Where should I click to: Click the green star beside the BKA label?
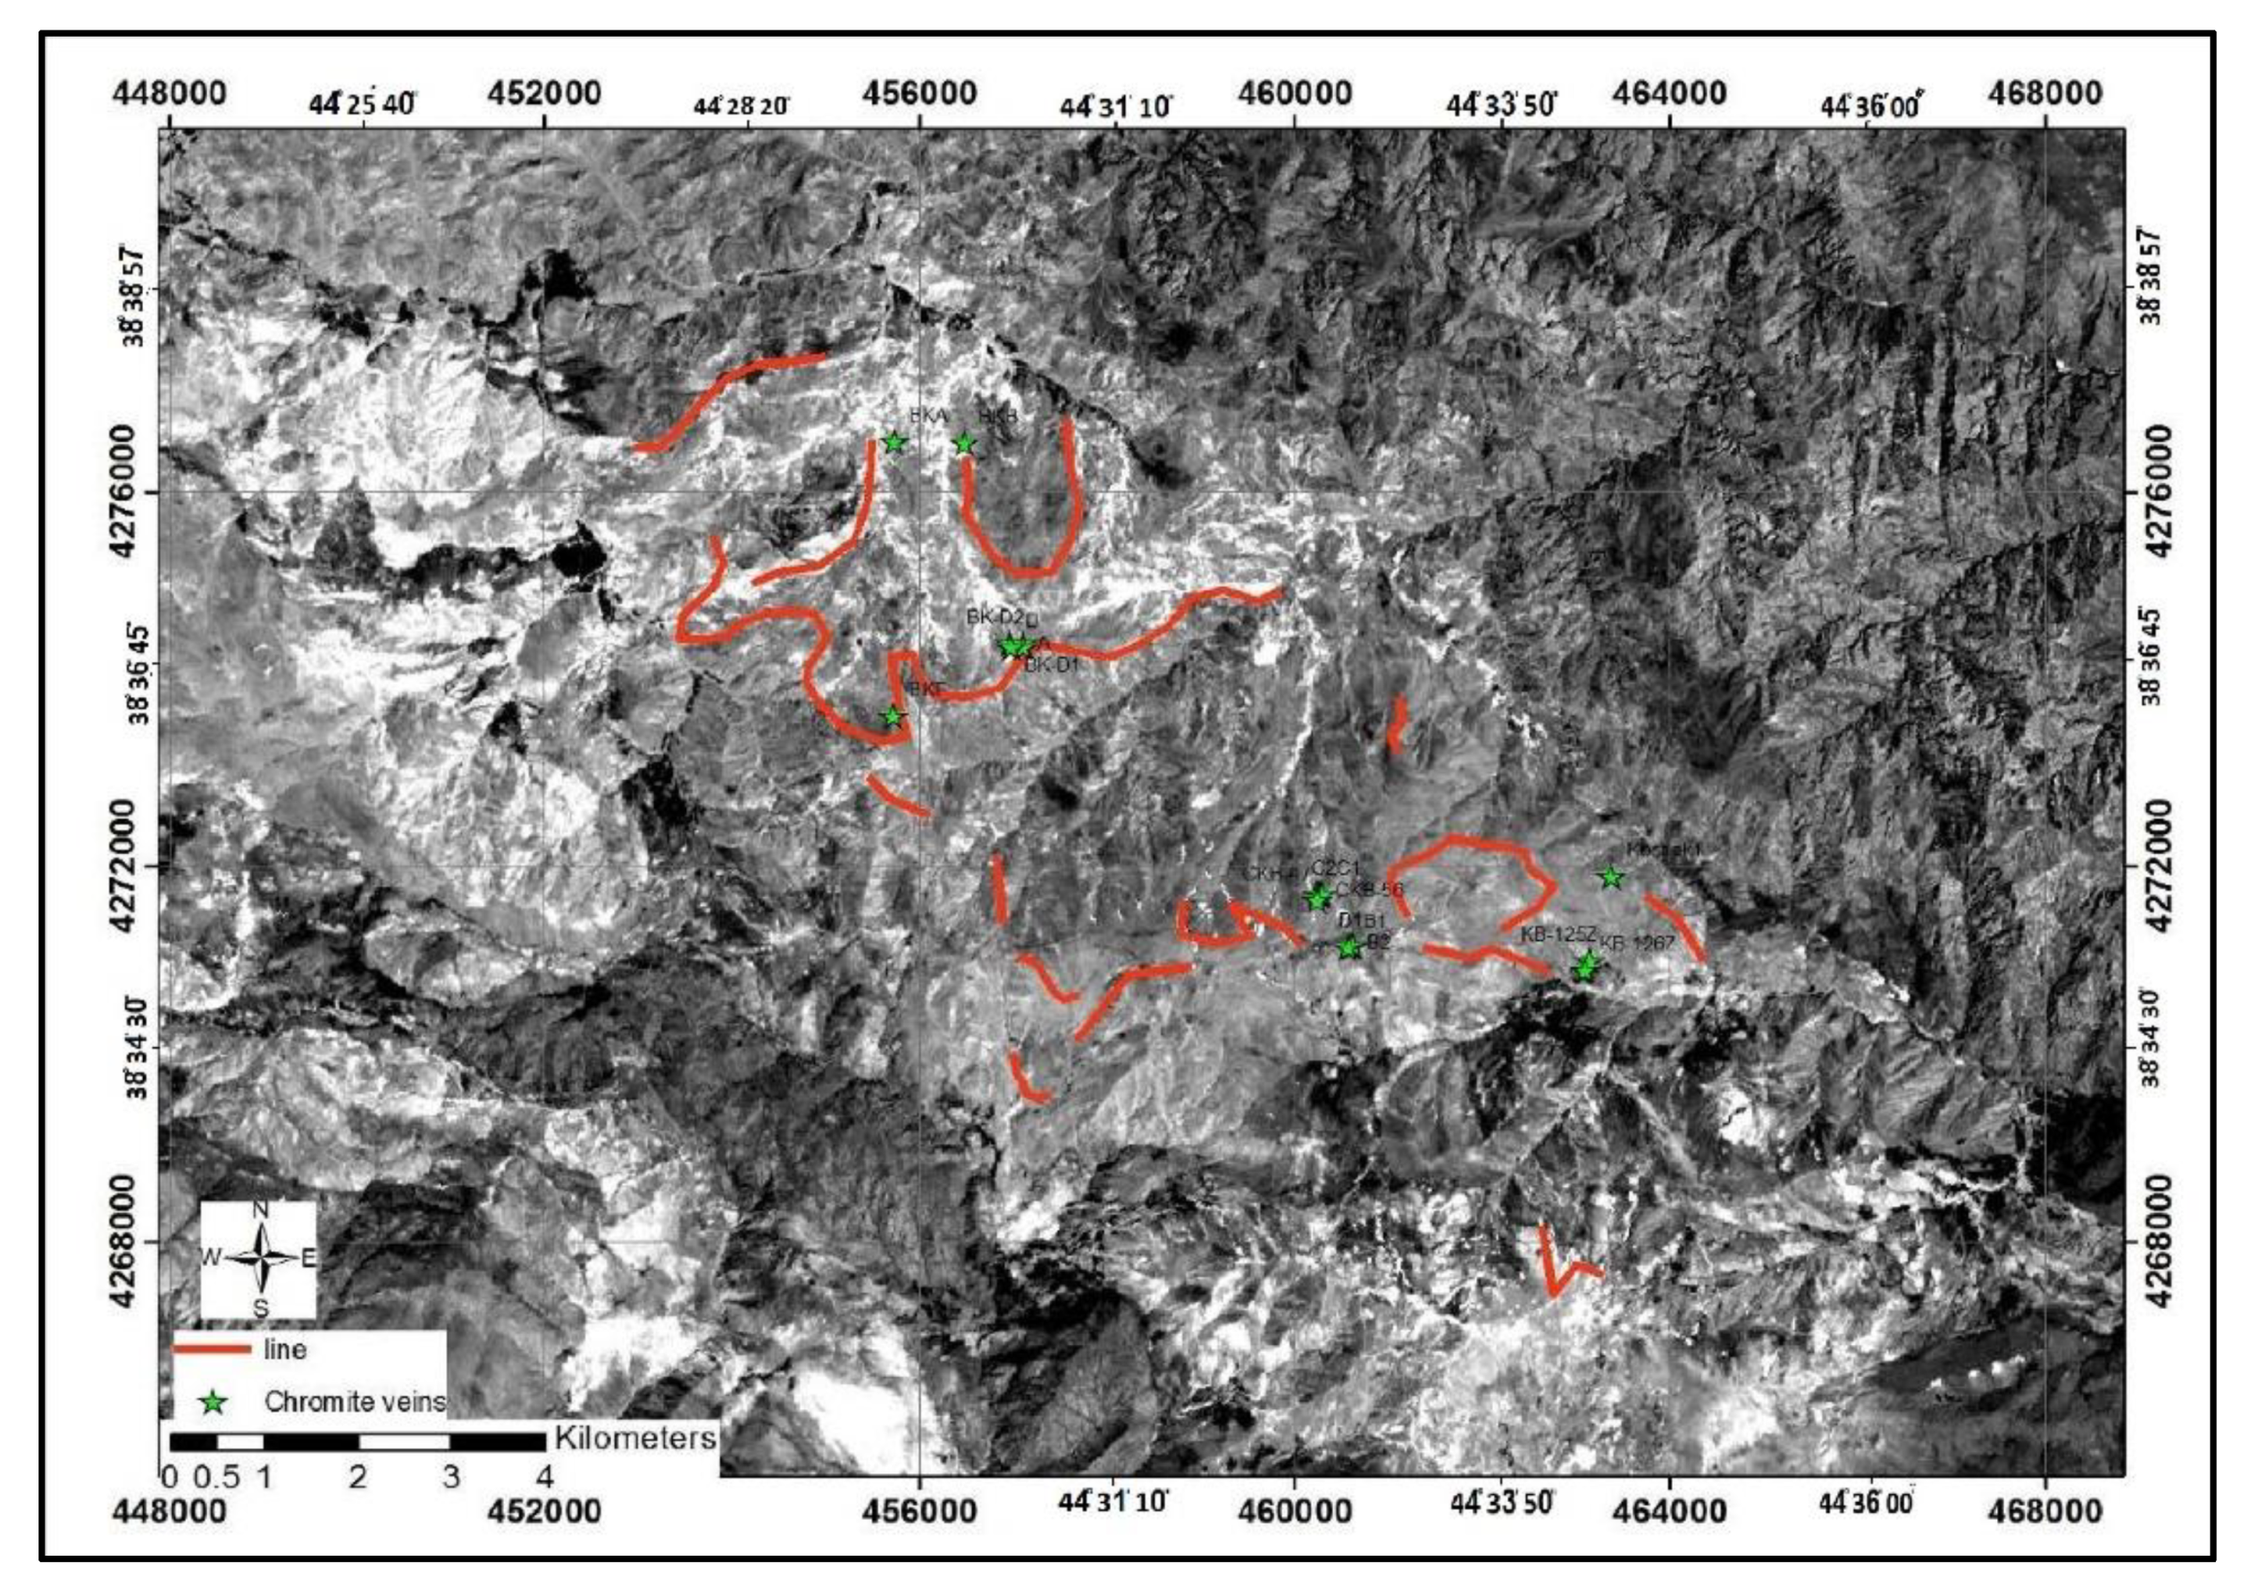[894, 442]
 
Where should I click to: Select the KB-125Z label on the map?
[1557, 934]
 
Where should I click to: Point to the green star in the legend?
[214, 1402]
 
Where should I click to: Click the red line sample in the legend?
[212, 1350]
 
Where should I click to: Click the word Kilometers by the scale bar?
[635, 1438]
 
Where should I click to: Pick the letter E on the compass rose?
[307, 1258]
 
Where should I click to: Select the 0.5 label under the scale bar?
[215, 1477]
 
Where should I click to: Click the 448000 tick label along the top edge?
[170, 94]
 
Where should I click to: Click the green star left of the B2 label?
[1348, 948]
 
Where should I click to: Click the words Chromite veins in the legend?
[354, 1401]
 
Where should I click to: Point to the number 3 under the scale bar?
[450, 1477]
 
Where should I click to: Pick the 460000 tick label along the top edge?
[1294, 94]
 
